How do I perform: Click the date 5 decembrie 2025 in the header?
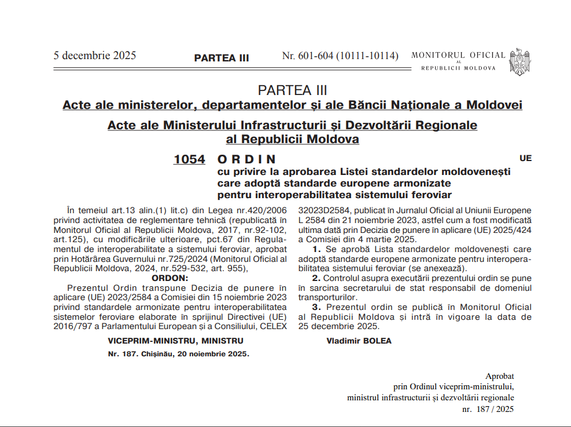[x=95, y=56]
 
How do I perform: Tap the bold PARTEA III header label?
[x=222, y=58]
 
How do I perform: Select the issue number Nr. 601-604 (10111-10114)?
[x=340, y=56]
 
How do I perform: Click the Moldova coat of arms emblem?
[x=520, y=61]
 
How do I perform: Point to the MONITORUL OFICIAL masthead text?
[x=458, y=56]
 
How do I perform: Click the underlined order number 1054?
[x=189, y=159]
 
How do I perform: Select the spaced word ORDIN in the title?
[x=246, y=159]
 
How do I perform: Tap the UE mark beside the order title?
[x=525, y=158]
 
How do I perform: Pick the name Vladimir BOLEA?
[x=359, y=341]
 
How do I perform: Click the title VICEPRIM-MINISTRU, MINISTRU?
[x=176, y=341]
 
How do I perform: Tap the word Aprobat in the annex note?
[x=499, y=376]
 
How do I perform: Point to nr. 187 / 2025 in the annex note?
[x=488, y=409]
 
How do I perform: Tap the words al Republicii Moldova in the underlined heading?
[x=292, y=140]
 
